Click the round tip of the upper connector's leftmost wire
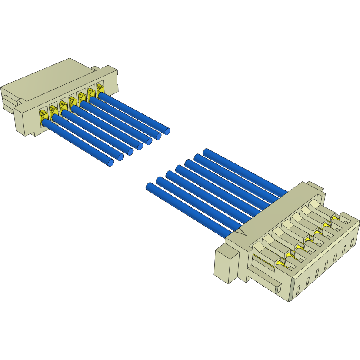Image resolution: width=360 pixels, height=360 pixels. point(110,163)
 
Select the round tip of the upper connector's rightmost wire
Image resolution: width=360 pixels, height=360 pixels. point(167,130)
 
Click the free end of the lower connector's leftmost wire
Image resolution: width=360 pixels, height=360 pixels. point(149,187)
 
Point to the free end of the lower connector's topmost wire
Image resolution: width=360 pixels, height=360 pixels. point(207,152)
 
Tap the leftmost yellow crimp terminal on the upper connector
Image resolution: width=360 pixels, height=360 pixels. point(43,117)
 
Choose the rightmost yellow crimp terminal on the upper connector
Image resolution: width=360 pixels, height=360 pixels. point(100,88)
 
